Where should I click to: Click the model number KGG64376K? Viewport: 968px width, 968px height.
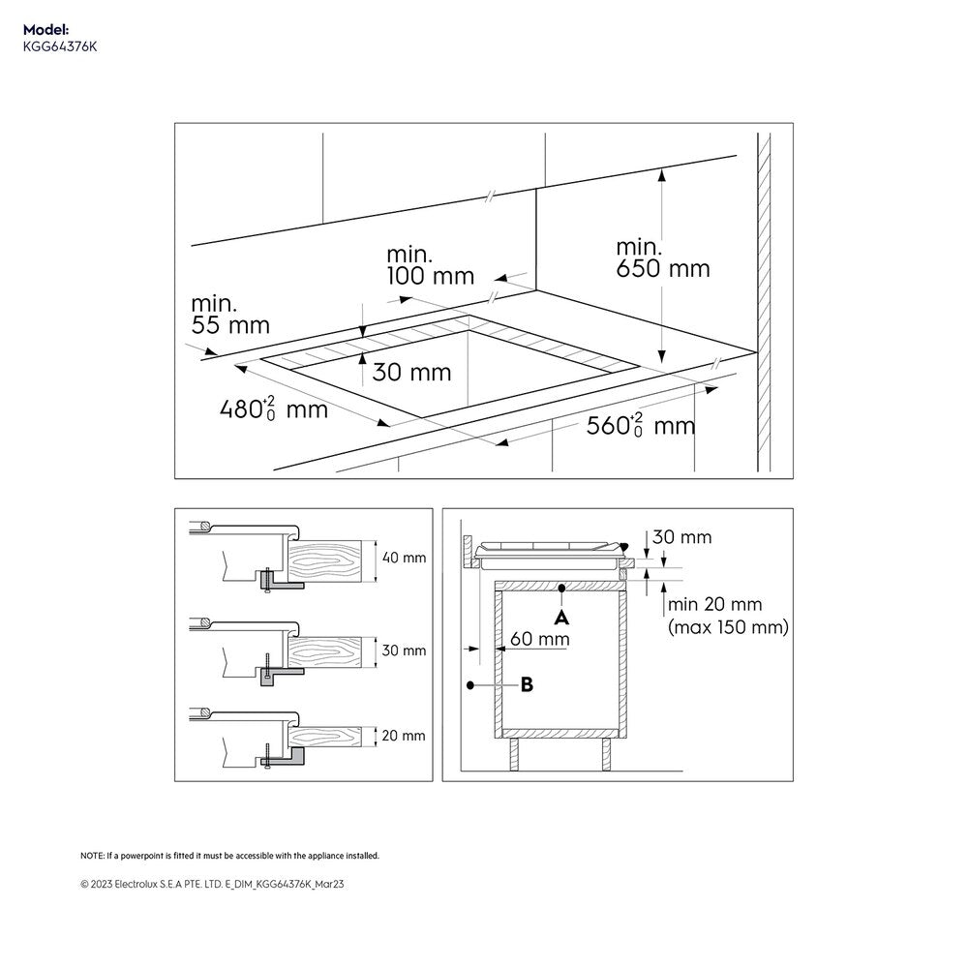click(60, 46)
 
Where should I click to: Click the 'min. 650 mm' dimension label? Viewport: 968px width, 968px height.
click(662, 257)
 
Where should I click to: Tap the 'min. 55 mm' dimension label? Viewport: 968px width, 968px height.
click(229, 314)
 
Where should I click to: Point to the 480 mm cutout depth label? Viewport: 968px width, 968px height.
click(272, 408)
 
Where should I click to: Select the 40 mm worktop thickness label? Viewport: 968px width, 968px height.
click(404, 558)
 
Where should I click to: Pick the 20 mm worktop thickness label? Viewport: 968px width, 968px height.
click(404, 736)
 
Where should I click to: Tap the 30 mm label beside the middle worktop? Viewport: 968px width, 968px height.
click(404, 650)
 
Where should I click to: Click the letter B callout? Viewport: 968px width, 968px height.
click(527, 684)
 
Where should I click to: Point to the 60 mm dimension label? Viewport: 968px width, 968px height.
click(539, 639)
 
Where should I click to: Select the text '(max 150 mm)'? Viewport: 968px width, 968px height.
click(728, 628)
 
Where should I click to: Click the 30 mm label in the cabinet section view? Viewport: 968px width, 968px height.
click(681, 536)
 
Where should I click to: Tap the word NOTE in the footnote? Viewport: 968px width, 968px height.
click(92, 856)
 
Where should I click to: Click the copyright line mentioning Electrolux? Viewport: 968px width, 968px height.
click(211, 884)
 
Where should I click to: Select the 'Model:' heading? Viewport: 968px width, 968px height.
click(46, 31)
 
